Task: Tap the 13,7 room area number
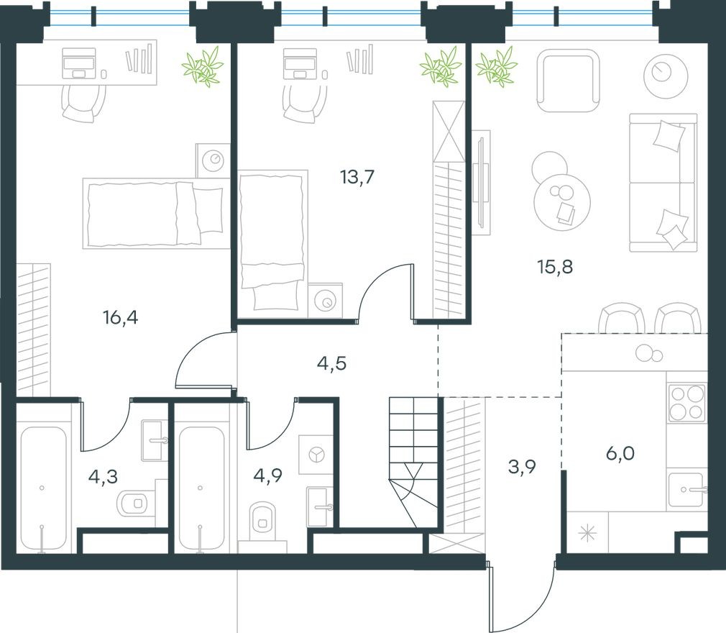click(357, 176)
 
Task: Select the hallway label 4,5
click(331, 363)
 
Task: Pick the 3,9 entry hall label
click(522, 468)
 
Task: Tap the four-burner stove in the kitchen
click(686, 403)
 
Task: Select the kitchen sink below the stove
click(686, 491)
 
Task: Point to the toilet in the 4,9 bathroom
click(263, 520)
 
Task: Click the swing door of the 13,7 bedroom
click(385, 291)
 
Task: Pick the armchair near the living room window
click(569, 80)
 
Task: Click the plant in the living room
click(497, 67)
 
